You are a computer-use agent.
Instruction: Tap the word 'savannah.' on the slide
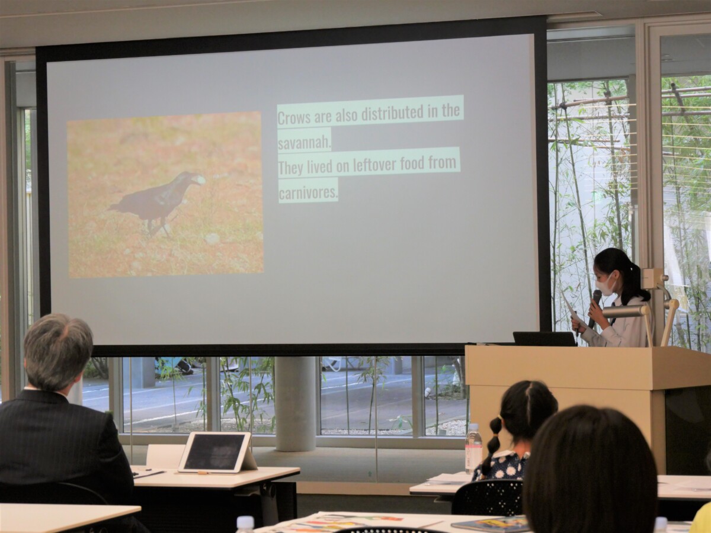(305, 143)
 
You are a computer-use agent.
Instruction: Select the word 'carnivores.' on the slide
(308, 193)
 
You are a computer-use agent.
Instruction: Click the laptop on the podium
(545, 339)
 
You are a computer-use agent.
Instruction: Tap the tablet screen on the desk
(214, 452)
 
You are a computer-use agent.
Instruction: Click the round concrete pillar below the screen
(295, 404)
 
